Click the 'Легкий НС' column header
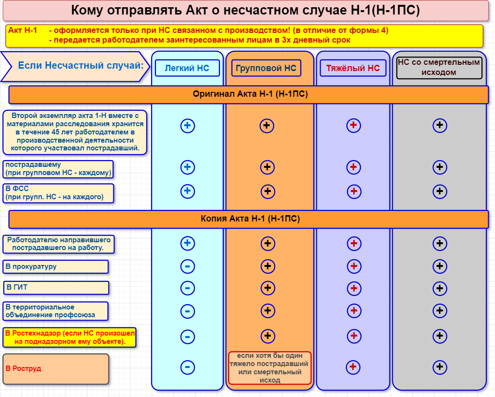pyautogui.click(x=187, y=68)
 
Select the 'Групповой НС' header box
pyautogui.click(x=266, y=68)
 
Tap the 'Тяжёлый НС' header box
pyautogui.click(x=353, y=68)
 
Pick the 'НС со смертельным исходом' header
pyautogui.click(x=439, y=67)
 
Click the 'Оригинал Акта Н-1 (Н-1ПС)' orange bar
pyautogui.click(x=248, y=94)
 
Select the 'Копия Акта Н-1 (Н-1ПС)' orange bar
pyautogui.click(x=248, y=219)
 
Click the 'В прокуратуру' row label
pyautogui.click(x=56, y=266)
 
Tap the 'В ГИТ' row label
pyautogui.click(x=56, y=288)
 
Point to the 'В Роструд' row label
pyautogui.click(x=56, y=369)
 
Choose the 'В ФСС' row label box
pyautogui.click(x=59, y=193)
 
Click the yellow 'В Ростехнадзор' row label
pyautogui.click(x=69, y=338)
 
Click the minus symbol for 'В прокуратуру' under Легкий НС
pyautogui.click(x=187, y=266)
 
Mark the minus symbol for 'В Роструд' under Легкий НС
pyautogui.click(x=187, y=367)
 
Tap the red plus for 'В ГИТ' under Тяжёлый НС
pyautogui.click(x=354, y=288)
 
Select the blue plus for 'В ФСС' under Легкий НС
pyautogui.click(x=187, y=191)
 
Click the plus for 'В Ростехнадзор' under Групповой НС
pyautogui.click(x=268, y=336)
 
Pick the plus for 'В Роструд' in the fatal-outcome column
pyautogui.click(x=440, y=367)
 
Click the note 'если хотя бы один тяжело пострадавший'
pyautogui.click(x=270, y=368)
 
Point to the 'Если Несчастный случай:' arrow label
pyautogui.click(x=75, y=66)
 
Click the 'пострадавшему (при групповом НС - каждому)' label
pyautogui.click(x=58, y=169)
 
